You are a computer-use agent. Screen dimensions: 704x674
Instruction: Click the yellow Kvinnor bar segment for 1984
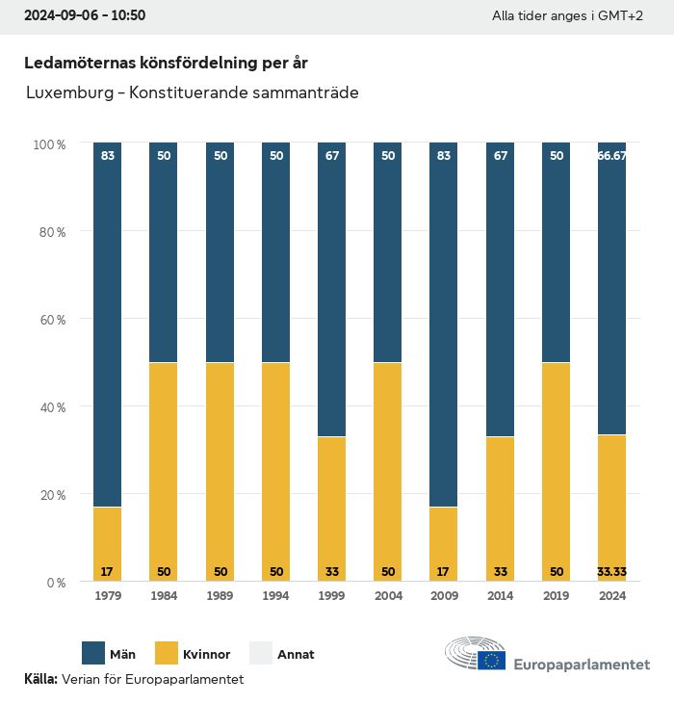click(x=164, y=472)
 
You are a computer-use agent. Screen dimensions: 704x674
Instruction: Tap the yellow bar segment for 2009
click(x=444, y=544)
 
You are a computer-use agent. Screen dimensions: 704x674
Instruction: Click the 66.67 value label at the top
click(x=612, y=156)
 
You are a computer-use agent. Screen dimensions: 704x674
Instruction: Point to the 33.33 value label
click(x=612, y=571)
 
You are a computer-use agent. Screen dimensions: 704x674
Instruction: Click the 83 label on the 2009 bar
click(x=444, y=156)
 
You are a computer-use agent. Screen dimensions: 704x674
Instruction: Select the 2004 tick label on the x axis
click(x=388, y=596)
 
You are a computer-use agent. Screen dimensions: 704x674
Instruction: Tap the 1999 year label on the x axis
click(x=332, y=596)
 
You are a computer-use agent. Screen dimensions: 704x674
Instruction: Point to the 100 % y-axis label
click(x=48, y=143)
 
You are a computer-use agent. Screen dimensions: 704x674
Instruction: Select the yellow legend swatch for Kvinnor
click(x=167, y=654)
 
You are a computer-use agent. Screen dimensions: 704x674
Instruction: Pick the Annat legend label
click(x=296, y=655)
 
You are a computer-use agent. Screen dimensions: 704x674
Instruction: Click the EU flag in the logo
click(x=493, y=660)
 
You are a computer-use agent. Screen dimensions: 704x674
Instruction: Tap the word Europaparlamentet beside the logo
click(x=582, y=665)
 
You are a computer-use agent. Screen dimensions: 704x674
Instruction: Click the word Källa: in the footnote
click(x=40, y=679)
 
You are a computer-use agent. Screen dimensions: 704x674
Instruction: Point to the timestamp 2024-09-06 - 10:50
click(x=85, y=16)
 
